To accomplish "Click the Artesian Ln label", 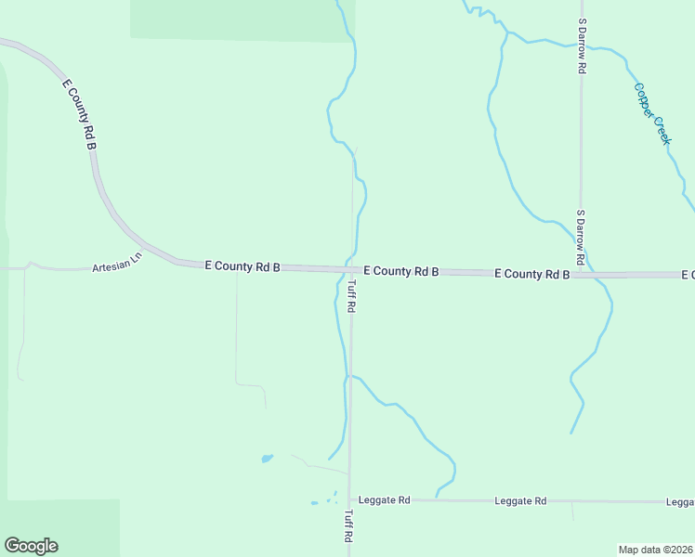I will pyautogui.click(x=117, y=263).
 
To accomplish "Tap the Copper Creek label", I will pyautogui.click(x=651, y=113).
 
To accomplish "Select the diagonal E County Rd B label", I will pyautogui.click(x=80, y=114).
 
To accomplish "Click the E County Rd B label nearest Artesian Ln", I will pyautogui.click(x=243, y=266).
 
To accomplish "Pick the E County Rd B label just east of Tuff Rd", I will pyautogui.click(x=400, y=271).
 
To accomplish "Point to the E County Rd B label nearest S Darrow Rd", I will pyautogui.click(x=531, y=274).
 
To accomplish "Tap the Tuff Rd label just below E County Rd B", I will pyautogui.click(x=351, y=296).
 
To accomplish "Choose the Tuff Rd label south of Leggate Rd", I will pyautogui.click(x=349, y=525).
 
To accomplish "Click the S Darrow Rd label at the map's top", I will pyautogui.click(x=582, y=45).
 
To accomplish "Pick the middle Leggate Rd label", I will pyautogui.click(x=520, y=500).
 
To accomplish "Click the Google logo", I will pyautogui.click(x=31, y=546).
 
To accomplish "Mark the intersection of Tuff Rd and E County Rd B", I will pyautogui.click(x=351, y=269).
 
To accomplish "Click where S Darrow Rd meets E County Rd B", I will pyautogui.click(x=581, y=275).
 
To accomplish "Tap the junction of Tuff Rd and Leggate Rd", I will pyautogui.click(x=350, y=499).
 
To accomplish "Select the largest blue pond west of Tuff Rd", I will pyautogui.click(x=268, y=459).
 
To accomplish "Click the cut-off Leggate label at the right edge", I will pyautogui.click(x=681, y=501).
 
